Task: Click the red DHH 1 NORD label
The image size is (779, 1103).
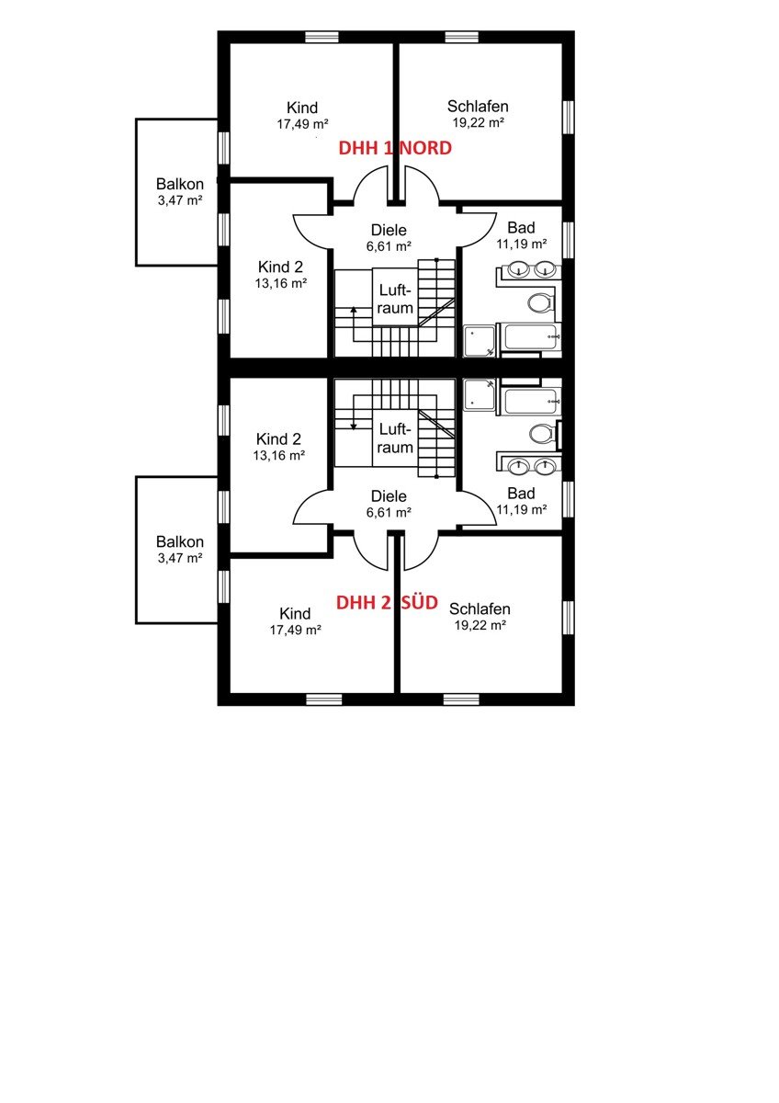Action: (395, 148)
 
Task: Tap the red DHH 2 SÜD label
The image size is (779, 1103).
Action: (387, 602)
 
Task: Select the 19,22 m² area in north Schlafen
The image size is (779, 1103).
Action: (478, 122)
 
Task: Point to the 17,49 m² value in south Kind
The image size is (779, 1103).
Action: (295, 630)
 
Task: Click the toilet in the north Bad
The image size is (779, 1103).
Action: (539, 302)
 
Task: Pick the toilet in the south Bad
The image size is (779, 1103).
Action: (543, 434)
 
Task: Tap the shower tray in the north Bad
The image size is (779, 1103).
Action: (479, 340)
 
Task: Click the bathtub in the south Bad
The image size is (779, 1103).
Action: (529, 401)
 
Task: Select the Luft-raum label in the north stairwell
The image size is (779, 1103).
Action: (395, 300)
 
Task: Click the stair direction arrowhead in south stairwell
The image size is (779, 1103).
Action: (354, 426)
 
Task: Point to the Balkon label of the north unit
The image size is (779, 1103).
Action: (180, 184)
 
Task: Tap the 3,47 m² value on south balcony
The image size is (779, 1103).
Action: (180, 558)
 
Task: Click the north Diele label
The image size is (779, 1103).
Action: (389, 230)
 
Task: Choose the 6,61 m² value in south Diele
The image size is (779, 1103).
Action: (389, 513)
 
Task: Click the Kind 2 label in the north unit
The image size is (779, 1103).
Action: (280, 267)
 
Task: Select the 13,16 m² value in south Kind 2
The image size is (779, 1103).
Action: (279, 456)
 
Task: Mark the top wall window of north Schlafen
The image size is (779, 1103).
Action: (462, 37)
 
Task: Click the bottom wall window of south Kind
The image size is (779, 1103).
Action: (323, 699)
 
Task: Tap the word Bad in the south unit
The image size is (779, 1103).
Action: (521, 493)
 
